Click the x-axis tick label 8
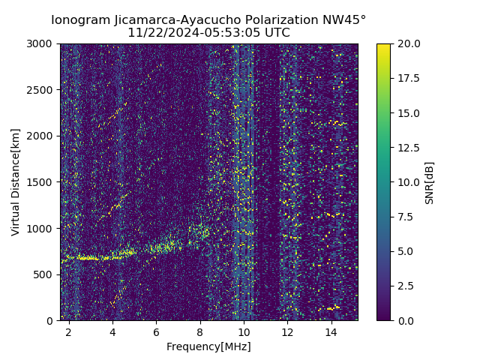[200, 331]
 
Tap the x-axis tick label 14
[331, 331]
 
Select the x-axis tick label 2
[69, 331]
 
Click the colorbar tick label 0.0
[404, 320]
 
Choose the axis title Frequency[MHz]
[208, 346]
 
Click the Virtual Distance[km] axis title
[16, 182]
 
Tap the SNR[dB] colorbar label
[430, 182]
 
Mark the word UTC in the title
[275, 33]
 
